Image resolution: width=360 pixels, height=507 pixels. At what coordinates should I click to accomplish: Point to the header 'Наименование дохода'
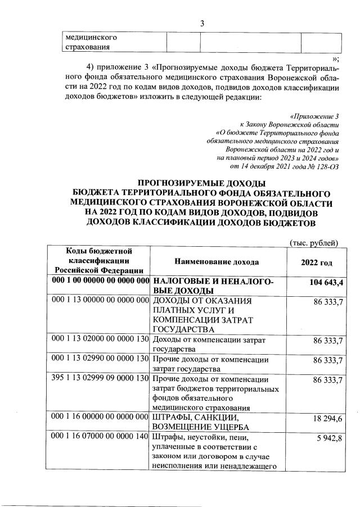tap(217, 262)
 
